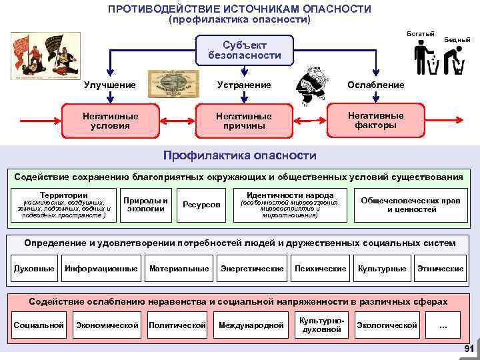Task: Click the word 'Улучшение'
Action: click(109, 85)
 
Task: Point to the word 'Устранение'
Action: click(244, 85)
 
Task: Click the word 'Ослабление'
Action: click(375, 85)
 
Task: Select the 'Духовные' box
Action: click(34, 269)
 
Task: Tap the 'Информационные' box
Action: click(101, 269)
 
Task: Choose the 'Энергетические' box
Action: click(252, 269)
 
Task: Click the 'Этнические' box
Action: click(440, 269)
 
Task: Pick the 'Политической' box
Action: click(177, 325)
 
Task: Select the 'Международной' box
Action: click(251, 325)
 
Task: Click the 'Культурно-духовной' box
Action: click(321, 325)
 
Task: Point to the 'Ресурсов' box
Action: click(201, 204)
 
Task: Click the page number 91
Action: click(468, 350)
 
